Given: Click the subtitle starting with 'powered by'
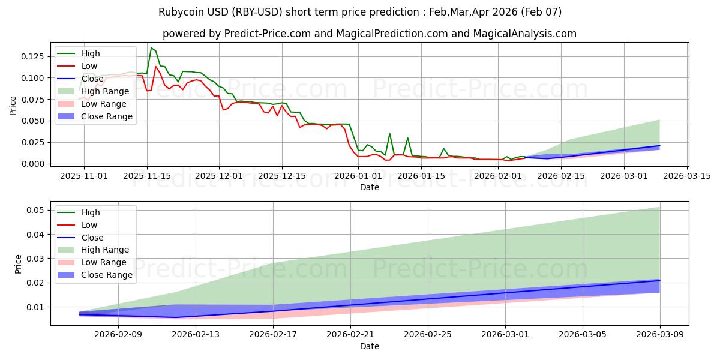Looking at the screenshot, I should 370,34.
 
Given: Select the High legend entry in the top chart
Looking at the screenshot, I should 91,53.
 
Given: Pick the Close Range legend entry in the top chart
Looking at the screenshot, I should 107,116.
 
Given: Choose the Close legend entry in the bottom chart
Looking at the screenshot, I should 92,238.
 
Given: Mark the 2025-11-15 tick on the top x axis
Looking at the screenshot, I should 146,176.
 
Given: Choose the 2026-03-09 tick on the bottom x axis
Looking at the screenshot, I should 660,335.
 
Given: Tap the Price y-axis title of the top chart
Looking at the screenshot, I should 13,106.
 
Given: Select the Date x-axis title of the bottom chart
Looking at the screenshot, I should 370,346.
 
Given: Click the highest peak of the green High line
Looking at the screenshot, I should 151,48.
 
